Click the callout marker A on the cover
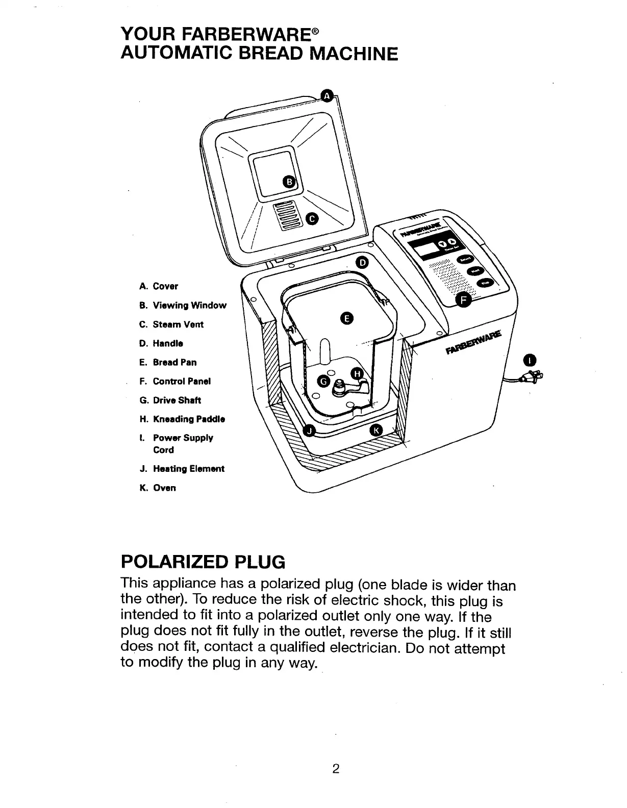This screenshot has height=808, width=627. coord(328,95)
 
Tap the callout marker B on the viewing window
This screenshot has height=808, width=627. coord(289,182)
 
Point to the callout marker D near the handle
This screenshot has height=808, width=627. coord(362,263)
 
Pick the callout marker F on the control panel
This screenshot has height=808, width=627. coord(463,300)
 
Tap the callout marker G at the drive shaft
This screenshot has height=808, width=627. coord(323,381)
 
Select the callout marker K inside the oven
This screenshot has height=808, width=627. coord(376,430)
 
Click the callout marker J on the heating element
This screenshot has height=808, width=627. coord(308,431)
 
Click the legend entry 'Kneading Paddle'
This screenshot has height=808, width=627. coord(182,419)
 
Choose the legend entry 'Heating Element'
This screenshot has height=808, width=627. coord(182,469)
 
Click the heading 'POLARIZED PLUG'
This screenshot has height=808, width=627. coord(202,562)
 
